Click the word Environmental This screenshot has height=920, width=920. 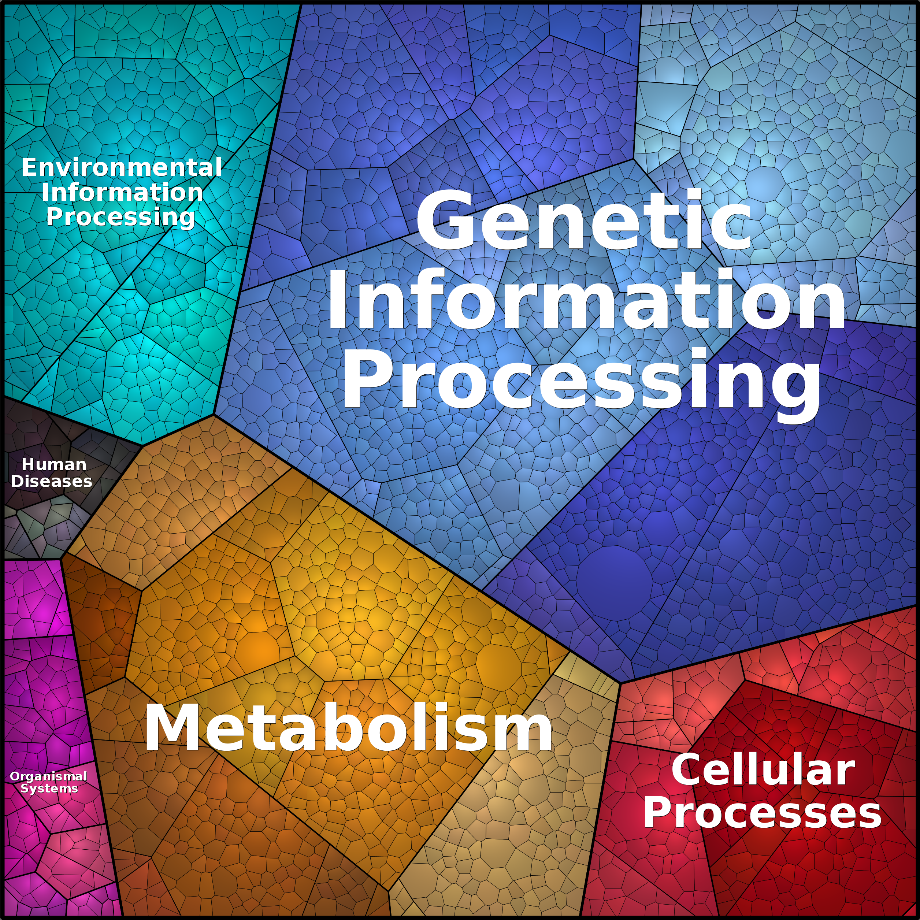pos(122,168)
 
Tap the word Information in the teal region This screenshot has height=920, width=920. pos(122,192)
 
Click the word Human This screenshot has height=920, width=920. pos(54,464)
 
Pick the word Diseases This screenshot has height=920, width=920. pos(51,481)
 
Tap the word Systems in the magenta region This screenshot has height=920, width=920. pos(49,789)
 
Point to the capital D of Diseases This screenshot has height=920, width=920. pos(17,481)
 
